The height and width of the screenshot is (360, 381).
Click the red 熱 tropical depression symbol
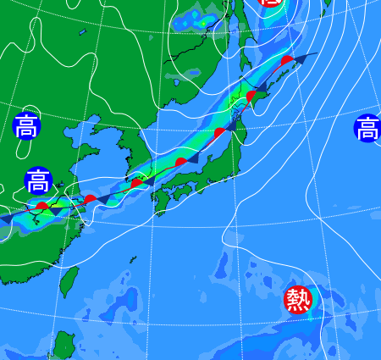[297, 300]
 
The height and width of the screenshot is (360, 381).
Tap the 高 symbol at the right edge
[367, 129]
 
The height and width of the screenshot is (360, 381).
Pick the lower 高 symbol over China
[37, 180]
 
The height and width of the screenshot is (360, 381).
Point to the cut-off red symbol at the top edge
[270, 3]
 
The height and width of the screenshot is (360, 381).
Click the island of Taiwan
[70, 281]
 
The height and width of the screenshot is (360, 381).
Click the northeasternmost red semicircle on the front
[288, 60]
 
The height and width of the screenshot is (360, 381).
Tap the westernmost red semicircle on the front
[41, 206]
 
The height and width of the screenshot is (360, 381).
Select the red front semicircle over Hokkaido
[251, 96]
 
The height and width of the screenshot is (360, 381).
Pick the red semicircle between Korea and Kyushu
[135, 183]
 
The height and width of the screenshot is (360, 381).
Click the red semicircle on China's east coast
[89, 199]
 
